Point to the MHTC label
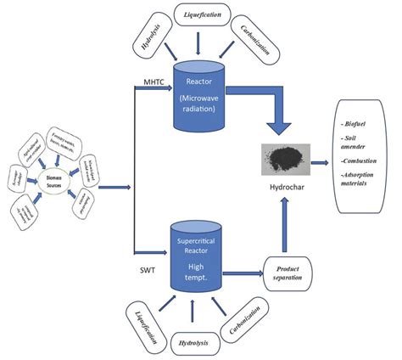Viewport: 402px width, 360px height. (152, 82)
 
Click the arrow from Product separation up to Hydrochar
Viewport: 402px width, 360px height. (290, 221)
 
